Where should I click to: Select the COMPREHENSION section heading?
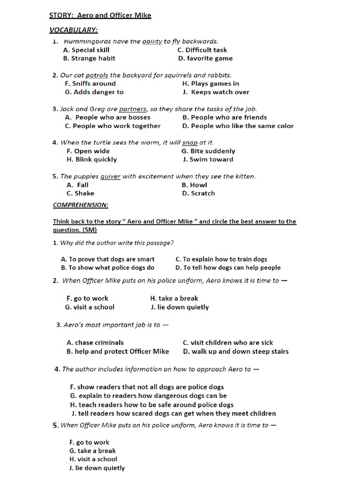(81, 205)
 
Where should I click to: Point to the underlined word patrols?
(97, 75)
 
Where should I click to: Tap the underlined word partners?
(133, 109)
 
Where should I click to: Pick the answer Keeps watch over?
(220, 92)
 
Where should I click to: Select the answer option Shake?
(84, 193)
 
